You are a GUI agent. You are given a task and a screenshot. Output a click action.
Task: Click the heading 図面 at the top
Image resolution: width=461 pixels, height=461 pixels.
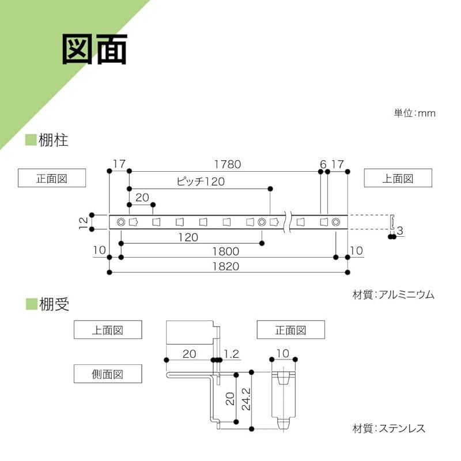[95, 51]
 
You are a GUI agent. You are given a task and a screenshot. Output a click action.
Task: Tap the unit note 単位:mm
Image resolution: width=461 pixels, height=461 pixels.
[414, 113]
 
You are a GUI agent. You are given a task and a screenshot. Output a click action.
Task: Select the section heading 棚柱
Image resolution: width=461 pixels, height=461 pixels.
[53, 140]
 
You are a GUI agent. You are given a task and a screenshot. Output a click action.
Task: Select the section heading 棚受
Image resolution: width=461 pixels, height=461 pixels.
[54, 304]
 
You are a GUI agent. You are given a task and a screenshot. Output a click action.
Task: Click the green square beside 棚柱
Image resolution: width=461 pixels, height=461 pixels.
[30, 140]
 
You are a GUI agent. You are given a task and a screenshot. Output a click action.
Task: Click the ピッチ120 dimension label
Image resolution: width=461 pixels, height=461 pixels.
[199, 182]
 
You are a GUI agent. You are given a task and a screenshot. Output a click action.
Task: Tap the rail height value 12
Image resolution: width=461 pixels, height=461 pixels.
[83, 221]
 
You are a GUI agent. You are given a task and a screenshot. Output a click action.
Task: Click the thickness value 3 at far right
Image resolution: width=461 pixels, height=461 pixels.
[399, 231]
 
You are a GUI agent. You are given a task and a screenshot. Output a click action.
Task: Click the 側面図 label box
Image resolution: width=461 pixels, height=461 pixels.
[108, 374]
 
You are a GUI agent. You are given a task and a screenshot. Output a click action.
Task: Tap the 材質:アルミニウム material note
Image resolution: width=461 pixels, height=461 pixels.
[393, 294]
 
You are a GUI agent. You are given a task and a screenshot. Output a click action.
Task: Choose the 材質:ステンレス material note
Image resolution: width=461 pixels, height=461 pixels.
[388, 428]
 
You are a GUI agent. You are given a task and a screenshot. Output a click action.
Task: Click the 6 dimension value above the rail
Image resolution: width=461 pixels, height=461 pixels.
[323, 164]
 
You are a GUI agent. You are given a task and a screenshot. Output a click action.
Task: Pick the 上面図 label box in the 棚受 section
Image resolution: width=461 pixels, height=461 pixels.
[108, 330]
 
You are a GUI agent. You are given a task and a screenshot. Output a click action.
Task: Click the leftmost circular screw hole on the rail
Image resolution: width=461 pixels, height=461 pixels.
[120, 222]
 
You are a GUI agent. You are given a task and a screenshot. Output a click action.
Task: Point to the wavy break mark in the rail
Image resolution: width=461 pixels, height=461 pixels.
[286, 222]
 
